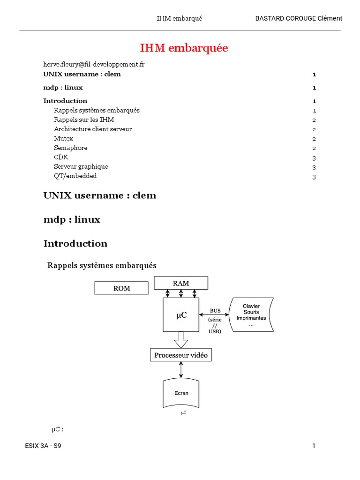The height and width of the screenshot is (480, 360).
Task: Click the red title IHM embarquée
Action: [x=184, y=48]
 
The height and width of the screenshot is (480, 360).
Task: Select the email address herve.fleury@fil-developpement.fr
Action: [x=94, y=65]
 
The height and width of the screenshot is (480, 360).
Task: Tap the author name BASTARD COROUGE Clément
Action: [x=298, y=18]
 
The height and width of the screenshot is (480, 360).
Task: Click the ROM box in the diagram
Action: [x=121, y=288]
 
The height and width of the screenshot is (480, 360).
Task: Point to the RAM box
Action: [x=181, y=283]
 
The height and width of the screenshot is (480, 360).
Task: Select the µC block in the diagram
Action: [x=181, y=315]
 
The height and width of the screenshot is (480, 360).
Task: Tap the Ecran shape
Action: [x=181, y=393]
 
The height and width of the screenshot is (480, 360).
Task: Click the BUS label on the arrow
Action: [x=215, y=310]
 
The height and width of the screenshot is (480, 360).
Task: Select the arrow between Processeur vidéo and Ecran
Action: [x=181, y=369]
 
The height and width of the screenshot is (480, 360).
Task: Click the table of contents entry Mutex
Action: [x=64, y=138]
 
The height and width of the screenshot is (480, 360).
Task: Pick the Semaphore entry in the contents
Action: [x=70, y=148]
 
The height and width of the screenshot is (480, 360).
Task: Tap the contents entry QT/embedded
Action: [x=75, y=176]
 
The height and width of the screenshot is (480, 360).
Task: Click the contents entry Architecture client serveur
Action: [x=93, y=129]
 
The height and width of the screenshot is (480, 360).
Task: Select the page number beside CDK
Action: [x=314, y=158]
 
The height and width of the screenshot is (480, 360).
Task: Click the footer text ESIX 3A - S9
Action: [x=43, y=446]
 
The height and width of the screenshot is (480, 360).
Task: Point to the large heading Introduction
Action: [x=75, y=243]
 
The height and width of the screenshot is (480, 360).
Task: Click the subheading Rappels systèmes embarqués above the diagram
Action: [x=102, y=265]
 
